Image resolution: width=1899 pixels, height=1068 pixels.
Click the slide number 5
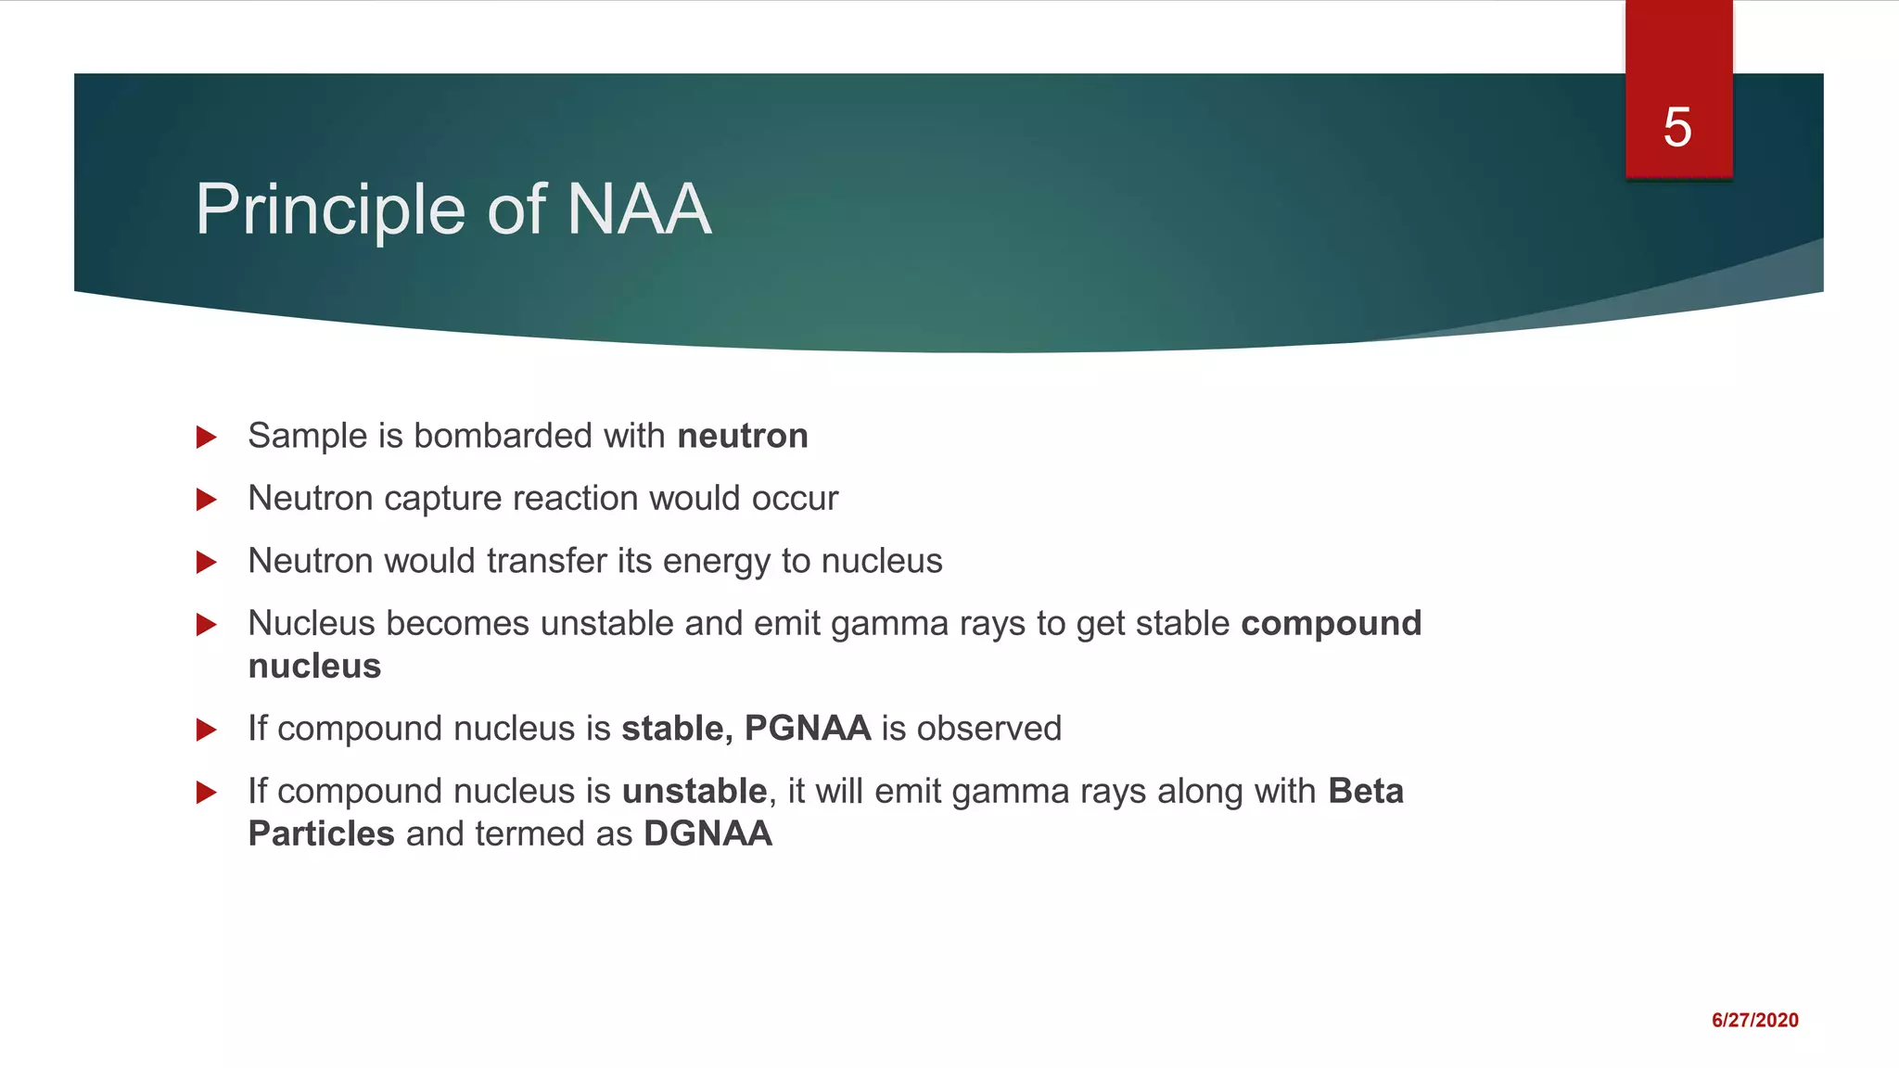tap(1677, 127)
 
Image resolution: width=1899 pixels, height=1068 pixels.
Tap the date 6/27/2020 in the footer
tap(1754, 1021)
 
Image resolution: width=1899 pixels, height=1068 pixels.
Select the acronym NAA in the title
tap(638, 210)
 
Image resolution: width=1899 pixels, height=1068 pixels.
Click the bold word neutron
tap(743, 436)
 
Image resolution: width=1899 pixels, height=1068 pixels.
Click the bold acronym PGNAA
tap(807, 729)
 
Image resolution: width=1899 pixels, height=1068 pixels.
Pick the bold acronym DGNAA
tap(707, 833)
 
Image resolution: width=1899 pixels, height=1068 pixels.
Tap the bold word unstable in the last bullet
tap(694, 792)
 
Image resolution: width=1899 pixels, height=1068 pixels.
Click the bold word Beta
tap(1366, 792)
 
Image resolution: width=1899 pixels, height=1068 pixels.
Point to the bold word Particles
tap(321, 833)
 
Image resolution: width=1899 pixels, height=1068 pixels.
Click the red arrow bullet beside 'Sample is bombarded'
tap(207, 437)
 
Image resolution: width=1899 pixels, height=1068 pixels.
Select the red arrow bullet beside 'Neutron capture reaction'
tap(207, 500)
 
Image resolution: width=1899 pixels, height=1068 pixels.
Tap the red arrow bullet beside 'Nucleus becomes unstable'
tap(207, 625)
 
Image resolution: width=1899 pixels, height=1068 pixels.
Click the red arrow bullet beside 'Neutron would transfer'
tap(207, 562)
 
